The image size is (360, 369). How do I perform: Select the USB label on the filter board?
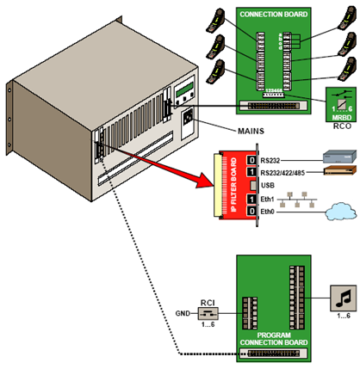pyautogui.click(x=266, y=185)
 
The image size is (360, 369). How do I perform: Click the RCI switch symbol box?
pyautogui.click(x=206, y=313)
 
